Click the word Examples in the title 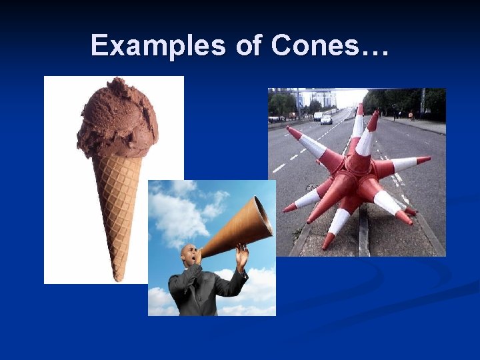[159, 45]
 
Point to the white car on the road [326, 120]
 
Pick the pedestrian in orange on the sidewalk [411, 115]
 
